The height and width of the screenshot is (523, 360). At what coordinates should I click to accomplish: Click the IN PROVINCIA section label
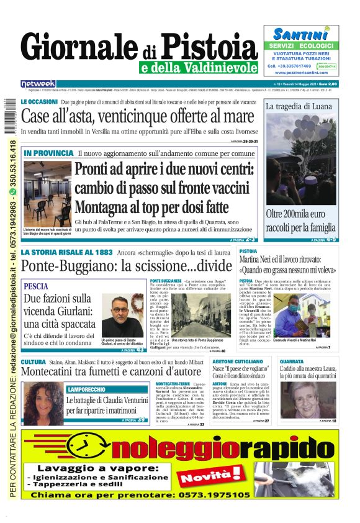click(x=48, y=153)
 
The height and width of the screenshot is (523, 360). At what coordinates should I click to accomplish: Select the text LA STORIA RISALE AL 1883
click(x=66, y=253)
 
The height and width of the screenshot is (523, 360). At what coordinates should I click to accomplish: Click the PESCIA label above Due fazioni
click(x=35, y=286)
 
